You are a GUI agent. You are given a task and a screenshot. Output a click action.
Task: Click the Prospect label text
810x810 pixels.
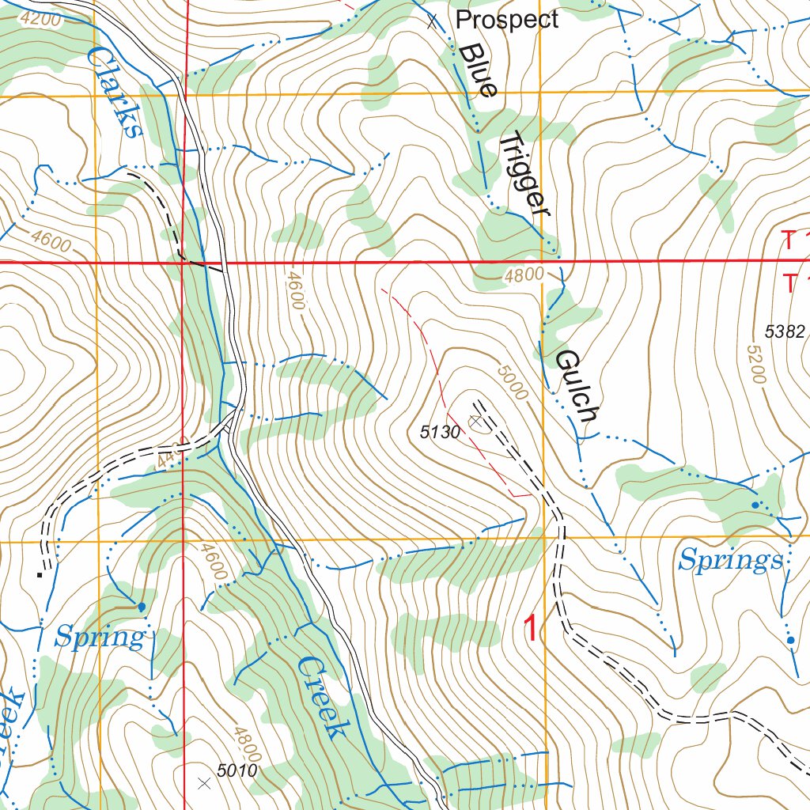[x=507, y=20]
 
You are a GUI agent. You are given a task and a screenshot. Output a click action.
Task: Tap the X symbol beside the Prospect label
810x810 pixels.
[x=432, y=21]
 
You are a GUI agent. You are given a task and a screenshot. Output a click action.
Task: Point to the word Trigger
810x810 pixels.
[x=524, y=173]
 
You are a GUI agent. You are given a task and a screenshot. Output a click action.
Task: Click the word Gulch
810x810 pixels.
[x=575, y=385]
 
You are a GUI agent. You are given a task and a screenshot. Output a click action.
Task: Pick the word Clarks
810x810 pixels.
[x=115, y=92]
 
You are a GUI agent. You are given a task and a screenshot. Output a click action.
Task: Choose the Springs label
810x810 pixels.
[x=731, y=561]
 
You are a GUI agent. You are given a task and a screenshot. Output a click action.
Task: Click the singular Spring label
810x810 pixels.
[x=100, y=637]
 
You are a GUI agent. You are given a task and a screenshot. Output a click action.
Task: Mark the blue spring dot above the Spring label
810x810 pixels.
[x=142, y=607]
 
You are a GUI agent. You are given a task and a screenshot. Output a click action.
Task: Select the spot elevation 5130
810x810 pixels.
[x=440, y=432]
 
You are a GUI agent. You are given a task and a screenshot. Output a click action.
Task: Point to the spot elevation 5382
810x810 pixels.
[x=785, y=332]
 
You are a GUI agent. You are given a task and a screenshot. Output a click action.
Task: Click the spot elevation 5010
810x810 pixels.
[x=237, y=769]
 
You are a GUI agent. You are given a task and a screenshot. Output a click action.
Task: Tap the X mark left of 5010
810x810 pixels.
[x=204, y=783]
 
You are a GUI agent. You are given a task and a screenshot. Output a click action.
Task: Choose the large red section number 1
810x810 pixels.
[x=532, y=630]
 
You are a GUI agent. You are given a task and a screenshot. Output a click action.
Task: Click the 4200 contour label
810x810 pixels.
[x=40, y=20]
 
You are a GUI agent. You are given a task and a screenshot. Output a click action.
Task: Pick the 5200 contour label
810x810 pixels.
[x=755, y=363]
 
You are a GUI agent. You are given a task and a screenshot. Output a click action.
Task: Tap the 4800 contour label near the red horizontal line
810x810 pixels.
[x=524, y=275]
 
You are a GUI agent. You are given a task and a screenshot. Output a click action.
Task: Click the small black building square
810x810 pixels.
[x=39, y=575]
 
